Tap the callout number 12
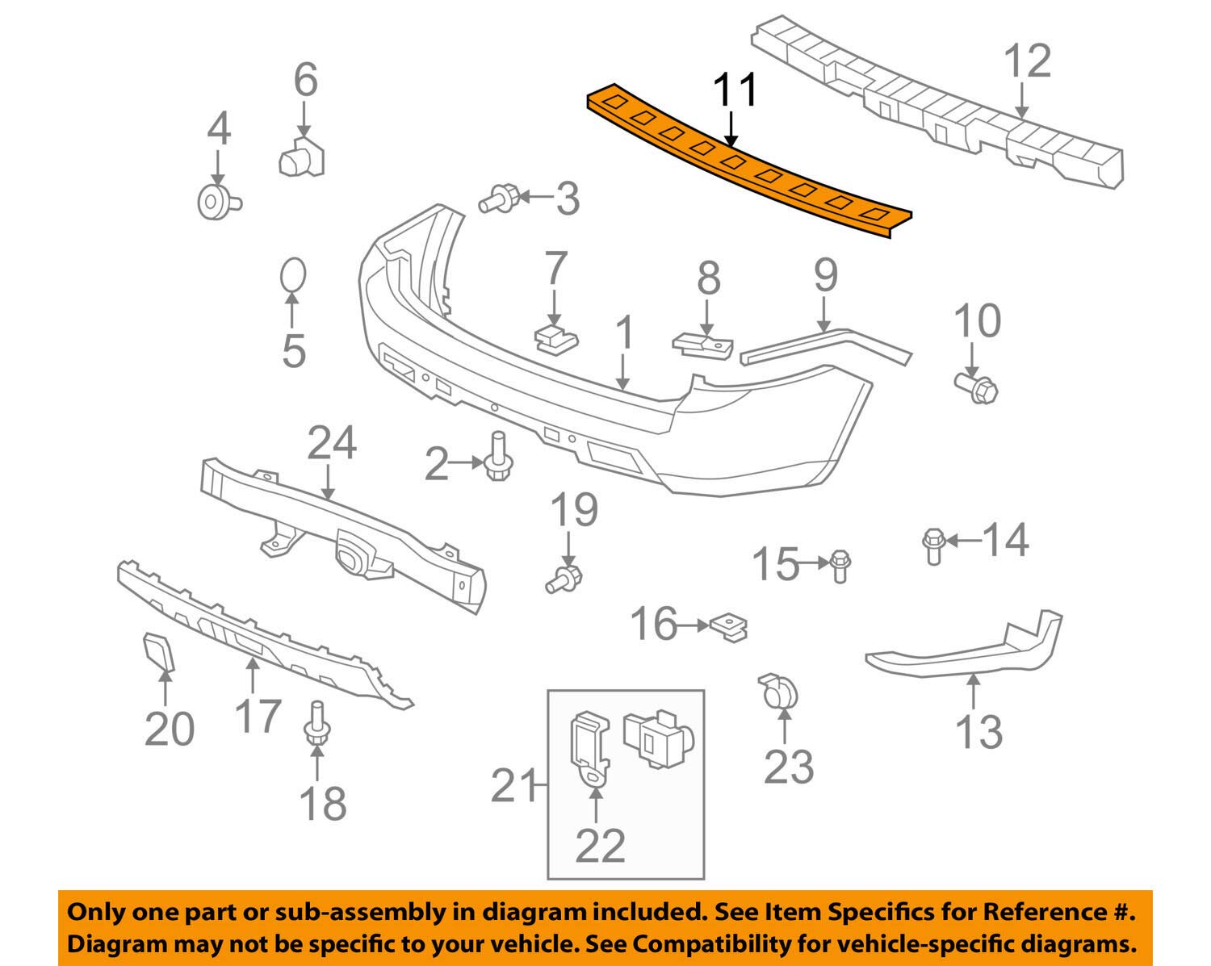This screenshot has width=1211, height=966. tap(1028, 61)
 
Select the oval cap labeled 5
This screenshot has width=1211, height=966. tap(293, 276)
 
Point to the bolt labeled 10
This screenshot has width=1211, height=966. tap(978, 389)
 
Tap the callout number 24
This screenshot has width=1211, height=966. tap(331, 444)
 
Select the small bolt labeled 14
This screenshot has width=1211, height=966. tap(932, 546)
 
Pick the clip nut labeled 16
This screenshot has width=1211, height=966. tap(729, 628)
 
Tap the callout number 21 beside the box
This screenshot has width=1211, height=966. tap(513, 785)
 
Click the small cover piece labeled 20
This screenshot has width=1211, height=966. tap(158, 651)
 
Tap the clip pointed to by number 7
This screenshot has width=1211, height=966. tap(555, 338)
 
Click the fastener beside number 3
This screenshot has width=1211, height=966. tap(498, 198)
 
